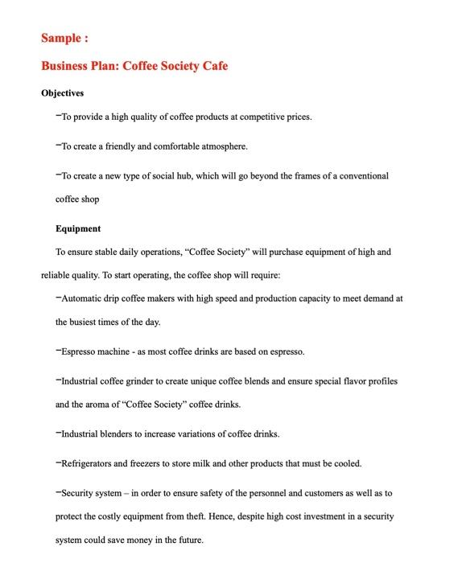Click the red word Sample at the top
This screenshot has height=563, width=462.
[x=61, y=39]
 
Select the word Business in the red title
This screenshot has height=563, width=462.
[x=67, y=65]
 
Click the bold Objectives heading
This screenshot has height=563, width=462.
[x=63, y=92]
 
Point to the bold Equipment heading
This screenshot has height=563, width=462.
[x=78, y=228]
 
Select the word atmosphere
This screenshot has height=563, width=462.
[x=221, y=146]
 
